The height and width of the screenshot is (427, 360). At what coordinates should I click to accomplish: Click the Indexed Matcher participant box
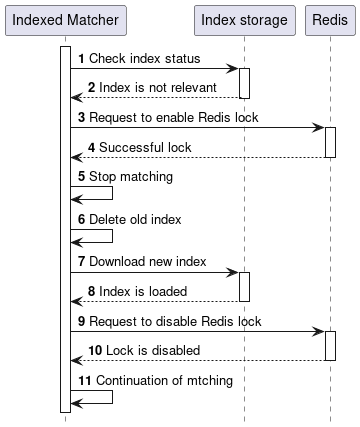[x=65, y=20]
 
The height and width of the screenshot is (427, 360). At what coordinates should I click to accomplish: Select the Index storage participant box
[x=243, y=20]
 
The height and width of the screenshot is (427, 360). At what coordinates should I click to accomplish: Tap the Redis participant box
[x=329, y=20]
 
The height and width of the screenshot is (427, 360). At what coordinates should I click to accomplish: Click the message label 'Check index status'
[x=144, y=59]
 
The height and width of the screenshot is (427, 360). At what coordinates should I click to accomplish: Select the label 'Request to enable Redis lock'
[x=175, y=118]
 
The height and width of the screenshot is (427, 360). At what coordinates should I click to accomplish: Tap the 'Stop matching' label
[x=130, y=177]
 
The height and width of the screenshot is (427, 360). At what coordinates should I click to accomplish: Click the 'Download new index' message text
[x=147, y=262]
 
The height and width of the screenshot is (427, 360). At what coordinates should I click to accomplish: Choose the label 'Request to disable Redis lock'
[x=176, y=321]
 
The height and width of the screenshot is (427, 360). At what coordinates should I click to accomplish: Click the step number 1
[x=81, y=59]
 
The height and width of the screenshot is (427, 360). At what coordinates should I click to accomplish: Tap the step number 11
[x=84, y=380]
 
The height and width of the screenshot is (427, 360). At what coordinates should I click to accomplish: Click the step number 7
[x=81, y=262]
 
